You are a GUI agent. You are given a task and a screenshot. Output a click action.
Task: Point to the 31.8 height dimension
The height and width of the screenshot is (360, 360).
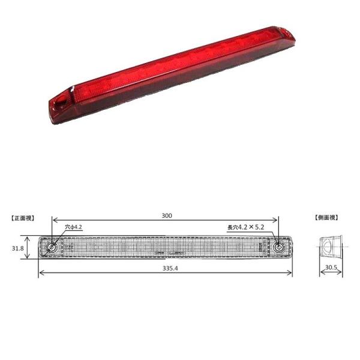tap(17, 247)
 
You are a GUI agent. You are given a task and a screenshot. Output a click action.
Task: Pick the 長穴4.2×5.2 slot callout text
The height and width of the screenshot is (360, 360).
tap(247, 227)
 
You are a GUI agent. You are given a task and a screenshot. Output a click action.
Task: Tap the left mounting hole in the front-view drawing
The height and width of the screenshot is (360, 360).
tap(52, 247)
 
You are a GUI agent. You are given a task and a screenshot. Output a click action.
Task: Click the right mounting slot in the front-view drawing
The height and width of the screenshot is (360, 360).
tap(279, 247)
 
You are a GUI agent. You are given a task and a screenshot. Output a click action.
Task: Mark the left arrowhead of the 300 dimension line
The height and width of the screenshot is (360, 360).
tap(53, 220)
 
